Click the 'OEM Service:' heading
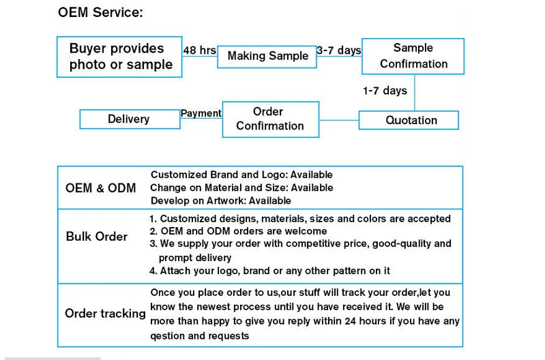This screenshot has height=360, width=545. (100, 13)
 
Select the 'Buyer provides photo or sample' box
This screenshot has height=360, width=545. (119, 57)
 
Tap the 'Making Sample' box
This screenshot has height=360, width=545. (267, 56)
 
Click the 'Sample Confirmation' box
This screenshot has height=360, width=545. (413, 56)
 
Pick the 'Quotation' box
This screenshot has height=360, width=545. (409, 120)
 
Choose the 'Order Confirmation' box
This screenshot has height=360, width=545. (270, 119)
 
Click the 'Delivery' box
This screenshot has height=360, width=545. (129, 119)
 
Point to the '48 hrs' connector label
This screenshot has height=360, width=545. (199, 50)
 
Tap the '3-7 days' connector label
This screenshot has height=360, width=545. (339, 50)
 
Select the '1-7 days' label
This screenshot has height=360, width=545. (385, 91)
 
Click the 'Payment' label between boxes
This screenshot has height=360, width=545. (201, 113)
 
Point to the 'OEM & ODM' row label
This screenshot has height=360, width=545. (100, 187)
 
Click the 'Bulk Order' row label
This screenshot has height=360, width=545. (97, 237)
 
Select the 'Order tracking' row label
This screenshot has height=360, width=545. (105, 314)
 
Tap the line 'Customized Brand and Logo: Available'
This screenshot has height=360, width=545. (241, 175)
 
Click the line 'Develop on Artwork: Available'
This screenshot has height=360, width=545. (220, 200)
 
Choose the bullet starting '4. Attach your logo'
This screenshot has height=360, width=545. (269, 271)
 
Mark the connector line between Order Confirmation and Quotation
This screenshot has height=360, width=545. (339, 120)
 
